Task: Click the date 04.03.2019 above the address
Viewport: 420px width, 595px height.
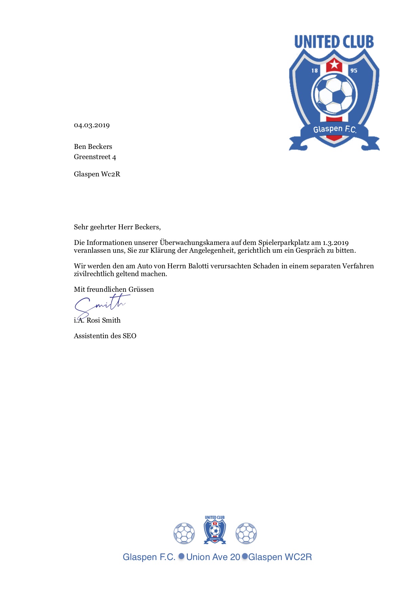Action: click(x=92, y=125)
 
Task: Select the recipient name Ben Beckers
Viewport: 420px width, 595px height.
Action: click(x=93, y=147)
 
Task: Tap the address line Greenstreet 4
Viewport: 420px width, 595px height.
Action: click(x=95, y=157)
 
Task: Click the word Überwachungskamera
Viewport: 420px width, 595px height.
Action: click(x=195, y=243)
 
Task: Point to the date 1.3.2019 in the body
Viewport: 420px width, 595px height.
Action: click(x=335, y=243)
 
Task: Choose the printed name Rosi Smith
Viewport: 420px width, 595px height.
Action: click(x=103, y=320)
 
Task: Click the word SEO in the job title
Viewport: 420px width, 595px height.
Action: click(x=129, y=336)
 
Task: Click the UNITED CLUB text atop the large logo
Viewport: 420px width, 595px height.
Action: click(x=334, y=42)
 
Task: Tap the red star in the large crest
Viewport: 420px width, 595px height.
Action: click(x=334, y=64)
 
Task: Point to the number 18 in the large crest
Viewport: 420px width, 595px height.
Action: click(x=315, y=71)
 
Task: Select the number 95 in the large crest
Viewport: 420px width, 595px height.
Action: click(x=354, y=71)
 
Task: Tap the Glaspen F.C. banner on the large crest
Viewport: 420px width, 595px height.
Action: click(x=334, y=129)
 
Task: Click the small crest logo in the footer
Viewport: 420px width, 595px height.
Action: click(x=215, y=530)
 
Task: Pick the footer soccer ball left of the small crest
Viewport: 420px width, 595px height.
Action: click(x=184, y=533)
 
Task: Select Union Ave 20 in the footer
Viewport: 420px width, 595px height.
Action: click(x=213, y=557)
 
